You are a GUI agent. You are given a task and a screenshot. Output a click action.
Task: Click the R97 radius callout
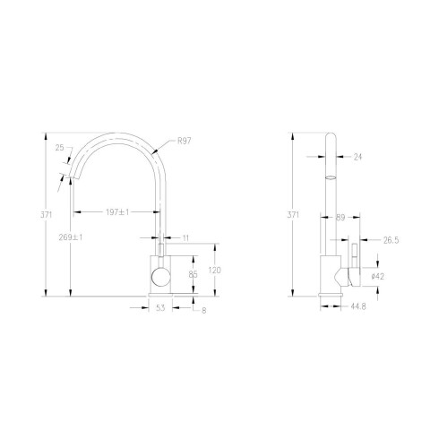pyautogui.click(x=185, y=141)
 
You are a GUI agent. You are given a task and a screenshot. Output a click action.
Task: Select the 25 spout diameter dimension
pyautogui.click(x=59, y=149)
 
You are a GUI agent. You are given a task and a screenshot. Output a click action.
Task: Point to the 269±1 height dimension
pyautogui.click(x=71, y=237)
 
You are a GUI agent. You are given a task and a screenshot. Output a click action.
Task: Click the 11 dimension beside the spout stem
pyautogui.click(x=185, y=237)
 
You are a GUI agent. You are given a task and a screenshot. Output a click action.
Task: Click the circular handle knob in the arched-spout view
pyautogui.click(x=159, y=277)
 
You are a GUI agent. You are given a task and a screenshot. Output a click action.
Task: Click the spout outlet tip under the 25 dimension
pyautogui.click(x=72, y=176)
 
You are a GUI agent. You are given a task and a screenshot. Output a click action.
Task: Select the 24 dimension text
pyautogui.click(x=357, y=157)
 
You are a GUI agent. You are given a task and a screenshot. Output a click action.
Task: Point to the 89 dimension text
pyautogui.click(x=340, y=217)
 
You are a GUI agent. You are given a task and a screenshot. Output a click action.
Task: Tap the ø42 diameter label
pyautogui.click(x=379, y=277)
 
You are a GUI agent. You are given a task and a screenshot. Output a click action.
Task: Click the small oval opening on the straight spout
pyautogui.click(x=329, y=177)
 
